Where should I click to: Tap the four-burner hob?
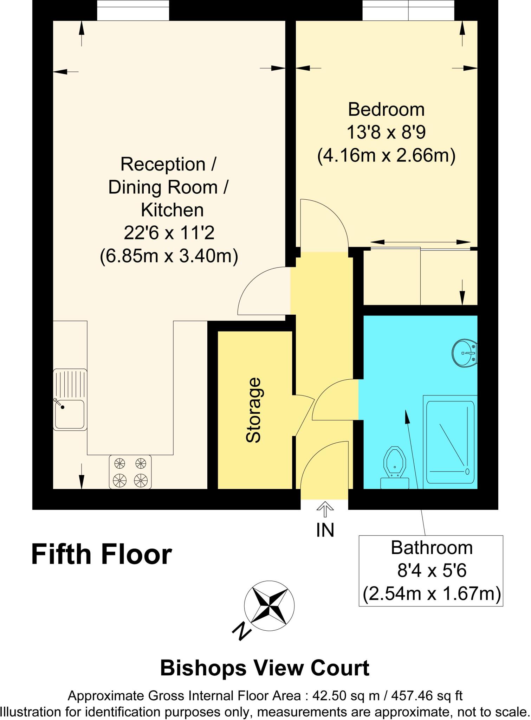(130, 471)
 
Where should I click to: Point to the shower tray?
(450, 443)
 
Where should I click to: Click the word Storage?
(253, 410)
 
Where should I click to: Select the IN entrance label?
(325, 531)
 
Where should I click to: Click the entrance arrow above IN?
(325, 509)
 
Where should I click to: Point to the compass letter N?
(242, 631)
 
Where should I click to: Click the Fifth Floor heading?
(102, 554)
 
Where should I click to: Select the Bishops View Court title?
(265, 668)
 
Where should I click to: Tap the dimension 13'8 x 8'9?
(386, 133)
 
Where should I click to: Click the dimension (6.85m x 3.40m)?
(169, 256)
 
